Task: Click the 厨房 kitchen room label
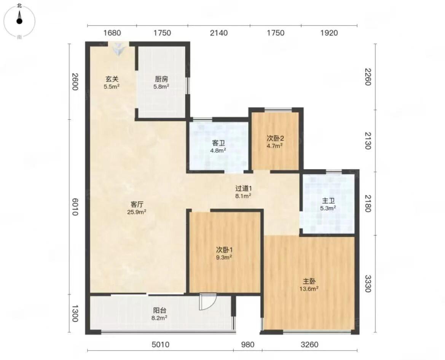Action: pyautogui.click(x=161, y=79)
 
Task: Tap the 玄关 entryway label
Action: pyautogui.click(x=112, y=79)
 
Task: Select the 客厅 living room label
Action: pyautogui.click(x=137, y=204)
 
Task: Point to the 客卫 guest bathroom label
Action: pyautogui.click(x=218, y=143)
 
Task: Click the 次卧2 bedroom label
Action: pyautogui.click(x=275, y=139)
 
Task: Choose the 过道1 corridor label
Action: pyautogui.click(x=244, y=188)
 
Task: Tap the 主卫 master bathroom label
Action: pyautogui.click(x=329, y=201)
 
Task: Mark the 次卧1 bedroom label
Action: pyautogui.click(x=224, y=250)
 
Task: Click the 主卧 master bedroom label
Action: pyautogui.click(x=309, y=282)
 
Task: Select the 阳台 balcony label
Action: pyautogui.click(x=159, y=311)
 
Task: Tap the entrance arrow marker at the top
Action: pyautogui.click(x=118, y=48)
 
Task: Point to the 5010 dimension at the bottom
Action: pyautogui.click(x=160, y=345)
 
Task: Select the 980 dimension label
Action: pyautogui.click(x=247, y=345)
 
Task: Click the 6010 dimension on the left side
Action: pyautogui.click(x=75, y=207)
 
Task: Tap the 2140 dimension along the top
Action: pyautogui.click(x=219, y=33)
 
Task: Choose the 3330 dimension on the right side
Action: pyautogui.click(x=368, y=284)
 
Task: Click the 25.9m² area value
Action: pyautogui.click(x=137, y=212)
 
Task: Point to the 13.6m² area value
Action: pyautogui.click(x=309, y=289)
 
